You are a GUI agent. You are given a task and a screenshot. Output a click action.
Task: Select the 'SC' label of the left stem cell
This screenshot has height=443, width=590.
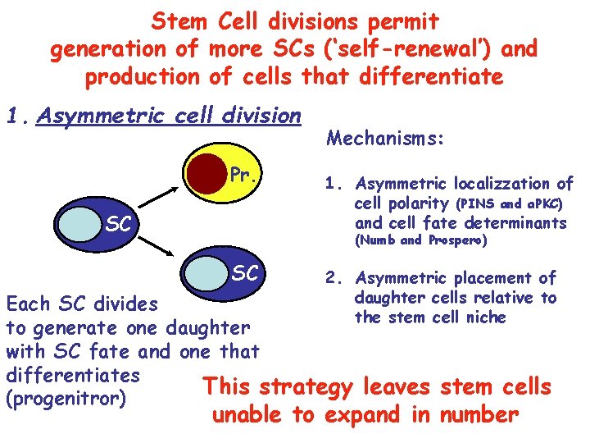pos(119,224)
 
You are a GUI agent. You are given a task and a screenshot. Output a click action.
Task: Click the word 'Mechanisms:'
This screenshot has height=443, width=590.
pos(385,139)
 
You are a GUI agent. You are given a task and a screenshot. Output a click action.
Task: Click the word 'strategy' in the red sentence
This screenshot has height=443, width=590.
pos(306,386)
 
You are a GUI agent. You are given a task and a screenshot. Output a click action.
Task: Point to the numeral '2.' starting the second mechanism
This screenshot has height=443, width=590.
pos(331,279)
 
